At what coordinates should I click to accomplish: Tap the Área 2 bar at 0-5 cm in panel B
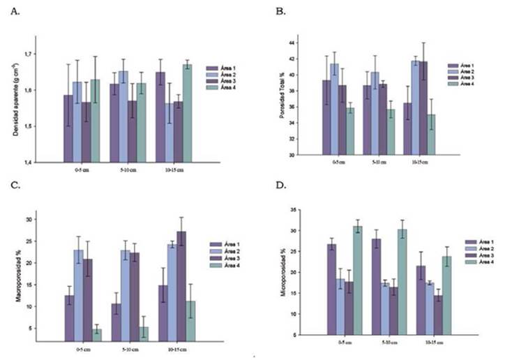tap(334, 109)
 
